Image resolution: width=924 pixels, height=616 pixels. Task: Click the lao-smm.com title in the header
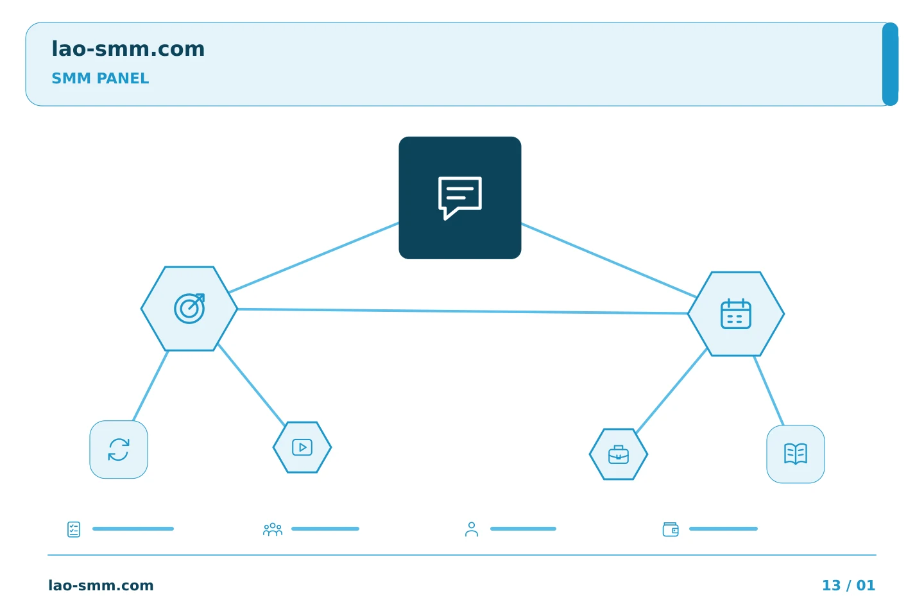128,49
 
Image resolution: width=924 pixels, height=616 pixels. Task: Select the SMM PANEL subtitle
100,78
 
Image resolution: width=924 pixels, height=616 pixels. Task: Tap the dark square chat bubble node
460,198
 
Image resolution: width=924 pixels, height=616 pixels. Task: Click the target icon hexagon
189,309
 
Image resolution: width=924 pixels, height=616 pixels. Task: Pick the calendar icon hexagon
736,314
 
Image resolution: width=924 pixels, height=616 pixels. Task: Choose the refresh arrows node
119,450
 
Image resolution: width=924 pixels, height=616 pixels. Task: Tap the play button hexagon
302,447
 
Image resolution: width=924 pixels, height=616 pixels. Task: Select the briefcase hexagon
619,454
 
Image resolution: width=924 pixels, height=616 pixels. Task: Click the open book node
796,454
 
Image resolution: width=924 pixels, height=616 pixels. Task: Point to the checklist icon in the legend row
74,529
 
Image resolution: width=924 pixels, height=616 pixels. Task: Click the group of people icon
273,529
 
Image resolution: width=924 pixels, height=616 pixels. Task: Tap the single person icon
472,529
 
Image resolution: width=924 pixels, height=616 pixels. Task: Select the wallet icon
671,529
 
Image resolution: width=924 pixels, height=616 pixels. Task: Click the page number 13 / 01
848,585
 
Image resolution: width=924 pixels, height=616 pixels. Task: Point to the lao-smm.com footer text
101,585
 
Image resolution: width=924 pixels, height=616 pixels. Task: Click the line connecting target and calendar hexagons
463,311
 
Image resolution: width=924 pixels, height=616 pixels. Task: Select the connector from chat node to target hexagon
314,257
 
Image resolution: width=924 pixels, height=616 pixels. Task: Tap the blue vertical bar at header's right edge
890,64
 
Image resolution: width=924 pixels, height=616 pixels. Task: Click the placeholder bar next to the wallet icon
723,529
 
